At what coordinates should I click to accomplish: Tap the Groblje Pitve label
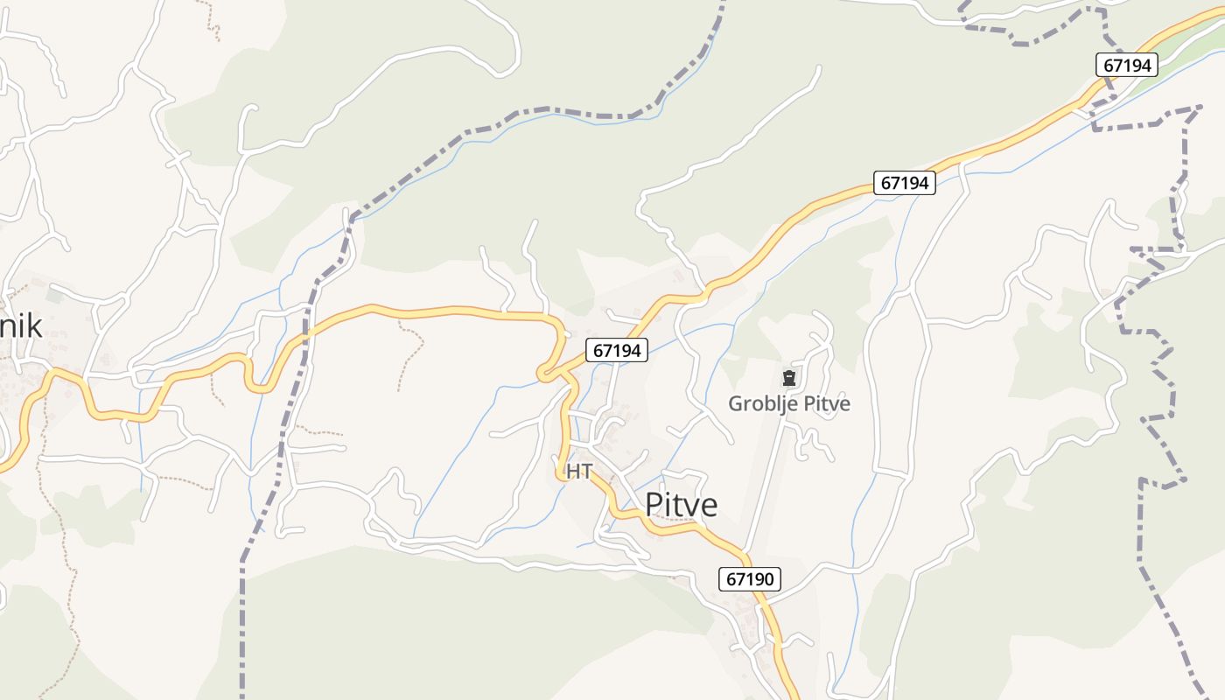[789, 403]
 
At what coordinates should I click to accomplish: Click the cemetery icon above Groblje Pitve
[789, 378]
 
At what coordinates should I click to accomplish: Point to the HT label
[578, 471]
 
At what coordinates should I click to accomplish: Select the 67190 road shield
[751, 578]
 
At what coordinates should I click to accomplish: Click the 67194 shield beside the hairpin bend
[617, 350]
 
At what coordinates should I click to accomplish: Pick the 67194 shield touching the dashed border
[1127, 65]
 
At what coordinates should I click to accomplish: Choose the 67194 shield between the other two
[905, 183]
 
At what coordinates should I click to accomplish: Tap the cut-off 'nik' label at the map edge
[21, 325]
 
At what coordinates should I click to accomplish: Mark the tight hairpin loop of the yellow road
[544, 375]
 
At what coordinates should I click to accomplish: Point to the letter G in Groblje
[736, 403]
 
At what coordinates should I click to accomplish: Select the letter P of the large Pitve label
[654, 505]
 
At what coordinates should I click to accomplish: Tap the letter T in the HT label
[584, 471]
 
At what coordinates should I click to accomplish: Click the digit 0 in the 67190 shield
[769, 578]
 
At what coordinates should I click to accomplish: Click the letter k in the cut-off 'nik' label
[34, 325]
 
